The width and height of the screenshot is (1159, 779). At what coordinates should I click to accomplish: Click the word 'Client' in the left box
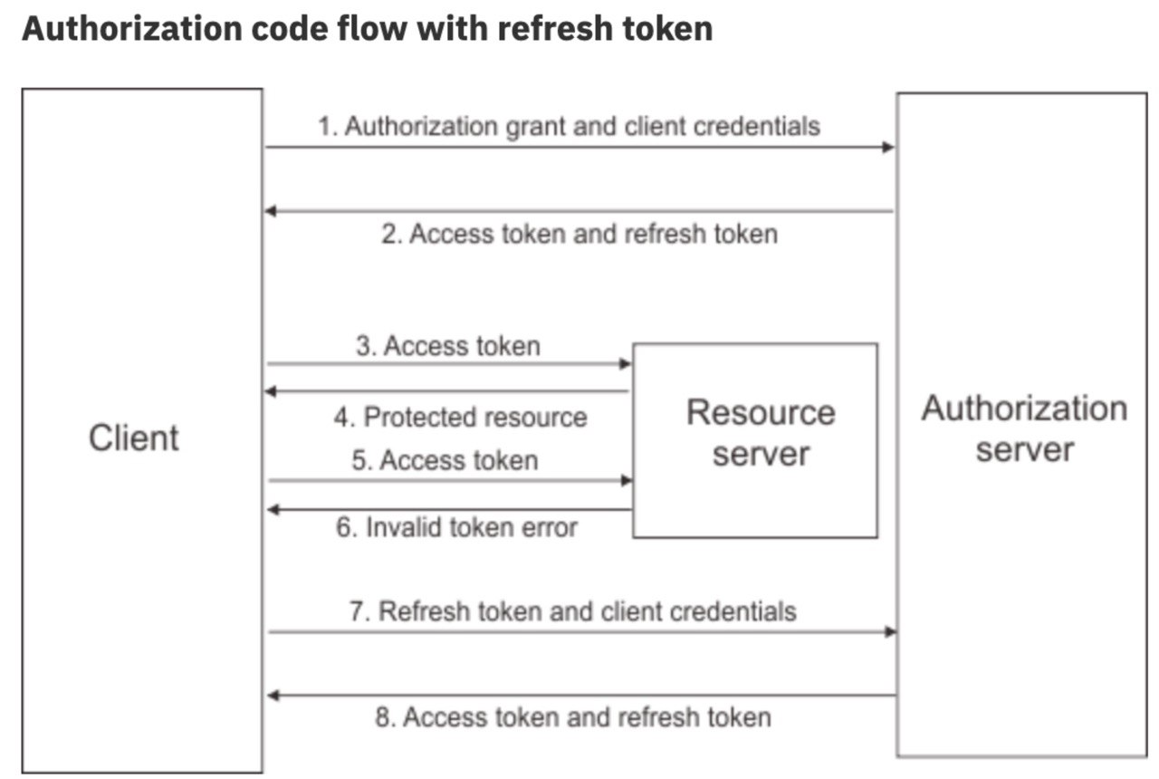click(133, 438)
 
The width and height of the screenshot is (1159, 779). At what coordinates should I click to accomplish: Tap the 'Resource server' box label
click(761, 433)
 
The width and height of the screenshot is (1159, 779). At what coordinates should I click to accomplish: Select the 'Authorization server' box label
click(1024, 428)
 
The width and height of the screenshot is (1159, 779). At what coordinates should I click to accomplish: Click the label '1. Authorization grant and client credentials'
click(570, 126)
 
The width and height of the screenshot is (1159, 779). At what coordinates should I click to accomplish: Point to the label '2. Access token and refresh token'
click(579, 234)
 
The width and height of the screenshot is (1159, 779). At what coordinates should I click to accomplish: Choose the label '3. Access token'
click(448, 346)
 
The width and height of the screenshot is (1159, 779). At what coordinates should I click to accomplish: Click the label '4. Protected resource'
click(461, 418)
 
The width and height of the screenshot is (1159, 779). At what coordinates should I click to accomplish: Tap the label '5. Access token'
click(445, 460)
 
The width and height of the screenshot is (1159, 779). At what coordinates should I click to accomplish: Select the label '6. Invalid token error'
click(456, 527)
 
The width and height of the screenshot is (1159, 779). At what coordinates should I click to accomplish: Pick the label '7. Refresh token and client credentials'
click(573, 611)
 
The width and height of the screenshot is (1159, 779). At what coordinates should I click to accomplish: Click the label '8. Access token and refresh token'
click(573, 717)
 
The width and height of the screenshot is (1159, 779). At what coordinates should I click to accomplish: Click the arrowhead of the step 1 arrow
click(888, 148)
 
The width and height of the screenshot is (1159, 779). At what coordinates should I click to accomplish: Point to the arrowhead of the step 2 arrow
click(271, 211)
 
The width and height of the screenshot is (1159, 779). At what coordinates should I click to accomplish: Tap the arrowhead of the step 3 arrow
click(626, 364)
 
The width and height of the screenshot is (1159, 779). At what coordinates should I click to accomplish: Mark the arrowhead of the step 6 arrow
click(273, 510)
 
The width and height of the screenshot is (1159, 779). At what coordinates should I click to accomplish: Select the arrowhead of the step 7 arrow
click(890, 632)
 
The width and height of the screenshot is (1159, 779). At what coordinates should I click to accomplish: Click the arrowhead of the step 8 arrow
click(273, 696)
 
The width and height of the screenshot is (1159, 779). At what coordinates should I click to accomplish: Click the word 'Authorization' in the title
click(132, 28)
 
